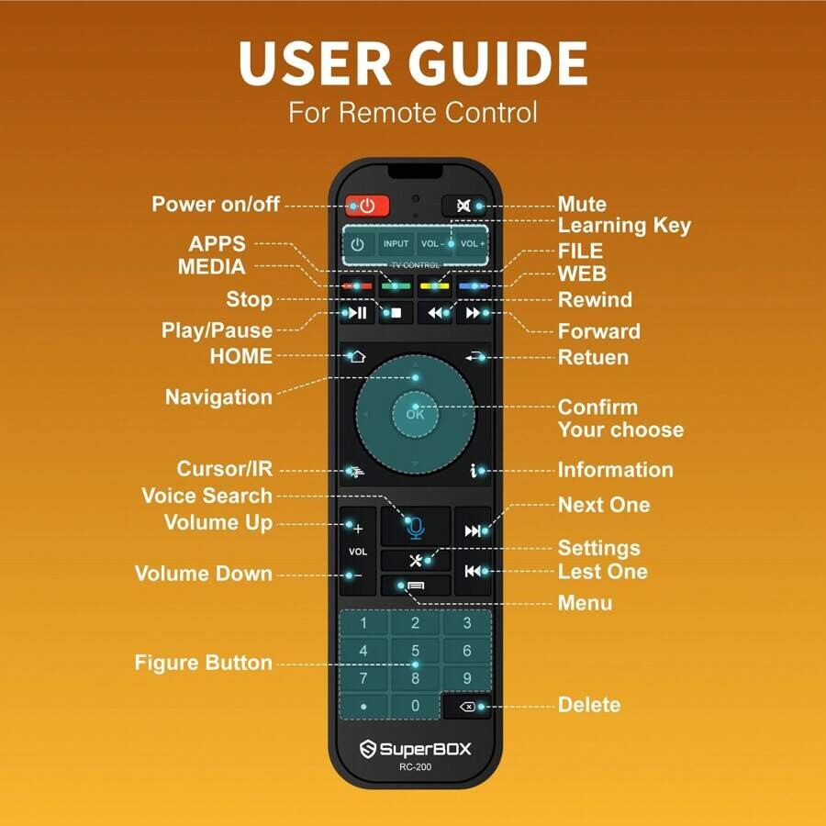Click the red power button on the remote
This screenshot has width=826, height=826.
pos(367,206)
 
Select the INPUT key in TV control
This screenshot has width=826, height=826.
pos(396,244)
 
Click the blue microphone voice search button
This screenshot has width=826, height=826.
pos(415,527)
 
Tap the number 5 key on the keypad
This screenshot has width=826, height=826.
pos(415,651)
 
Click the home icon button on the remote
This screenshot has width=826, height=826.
pos(357,356)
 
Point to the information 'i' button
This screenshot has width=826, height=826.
pos(474,471)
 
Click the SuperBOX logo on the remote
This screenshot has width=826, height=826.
pos(415,749)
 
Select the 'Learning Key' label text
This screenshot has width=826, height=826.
pos(624,225)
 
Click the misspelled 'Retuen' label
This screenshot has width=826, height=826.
pos(593,356)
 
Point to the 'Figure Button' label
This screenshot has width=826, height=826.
pos(203,663)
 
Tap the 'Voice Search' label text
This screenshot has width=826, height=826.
pos(206,496)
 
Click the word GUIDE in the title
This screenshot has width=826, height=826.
pos(497,63)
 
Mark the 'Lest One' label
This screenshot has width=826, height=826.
pos(602,572)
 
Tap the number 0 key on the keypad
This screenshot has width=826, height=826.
pos(415,706)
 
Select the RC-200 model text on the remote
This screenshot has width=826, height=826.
pos(415,767)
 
